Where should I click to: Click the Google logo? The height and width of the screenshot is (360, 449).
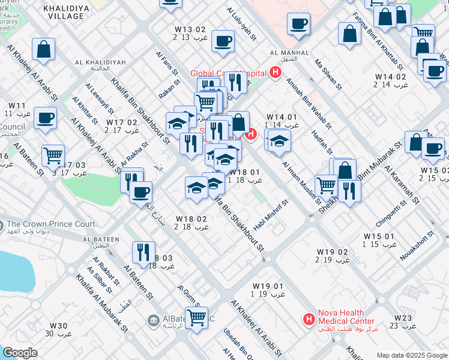click(20, 353)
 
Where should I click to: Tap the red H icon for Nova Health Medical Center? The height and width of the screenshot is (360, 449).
click(309, 319)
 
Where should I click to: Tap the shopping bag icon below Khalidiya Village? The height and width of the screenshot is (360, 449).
click(44, 50)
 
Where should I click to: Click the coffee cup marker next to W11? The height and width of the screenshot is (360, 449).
click(45, 118)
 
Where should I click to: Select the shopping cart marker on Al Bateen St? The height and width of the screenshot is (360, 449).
click(53, 155)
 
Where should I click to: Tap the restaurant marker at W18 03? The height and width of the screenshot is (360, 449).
click(143, 252)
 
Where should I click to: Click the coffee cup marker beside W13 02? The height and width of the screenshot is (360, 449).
click(223, 41)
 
